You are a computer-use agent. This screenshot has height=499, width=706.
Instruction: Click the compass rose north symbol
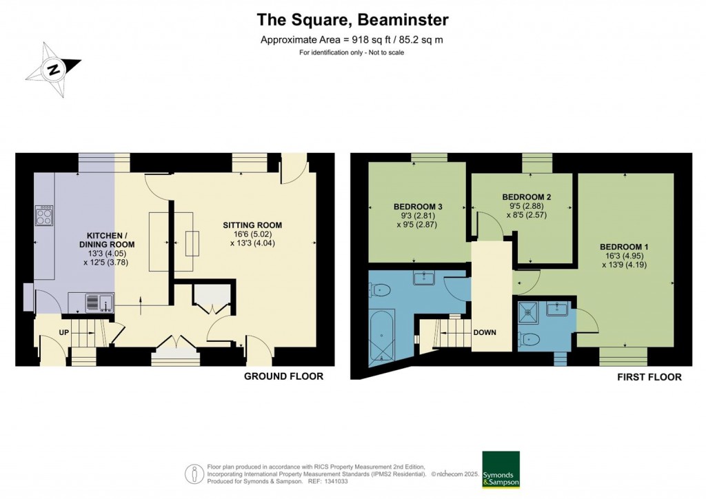click(53, 69)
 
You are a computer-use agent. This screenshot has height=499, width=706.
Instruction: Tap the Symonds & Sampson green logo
click(501, 470)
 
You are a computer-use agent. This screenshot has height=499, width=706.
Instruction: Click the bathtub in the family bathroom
click(381, 338)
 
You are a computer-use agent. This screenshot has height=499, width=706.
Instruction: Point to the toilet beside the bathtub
click(382, 291)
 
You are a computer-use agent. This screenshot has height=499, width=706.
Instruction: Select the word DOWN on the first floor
click(485, 332)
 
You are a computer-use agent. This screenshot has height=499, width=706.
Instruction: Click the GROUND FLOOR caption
click(283, 376)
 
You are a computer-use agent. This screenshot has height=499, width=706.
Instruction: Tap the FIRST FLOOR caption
click(649, 377)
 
